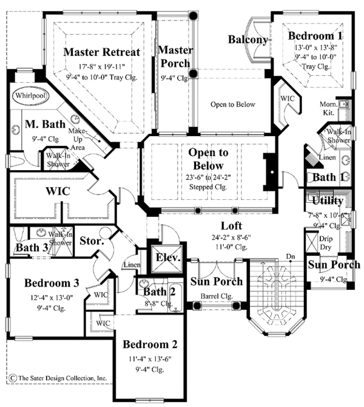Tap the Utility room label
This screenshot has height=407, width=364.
(x=328, y=201)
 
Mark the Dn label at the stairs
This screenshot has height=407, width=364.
(x=291, y=256)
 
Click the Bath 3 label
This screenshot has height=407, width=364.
(x=27, y=248)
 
